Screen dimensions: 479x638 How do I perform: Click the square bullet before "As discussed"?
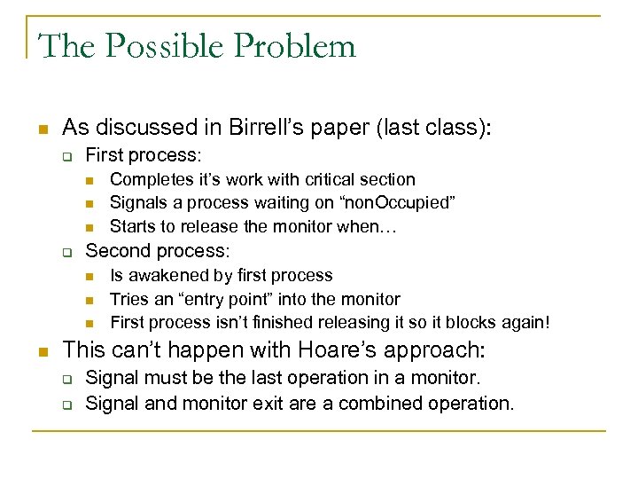(43, 128)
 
